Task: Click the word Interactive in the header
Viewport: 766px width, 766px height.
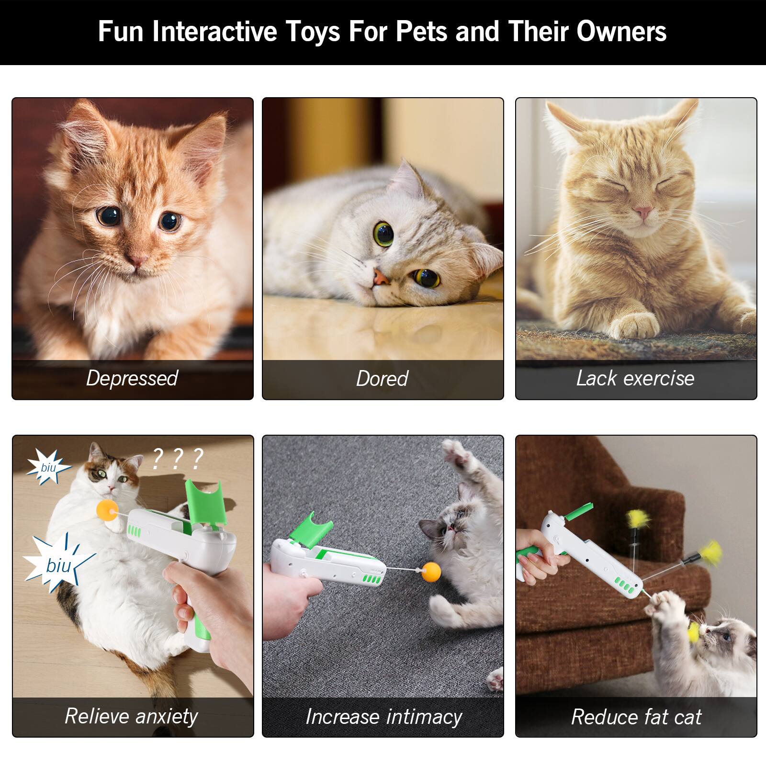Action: pyautogui.click(x=215, y=32)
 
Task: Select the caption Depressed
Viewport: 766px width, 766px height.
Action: pyautogui.click(x=132, y=378)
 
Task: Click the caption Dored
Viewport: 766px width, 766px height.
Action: pyautogui.click(x=382, y=379)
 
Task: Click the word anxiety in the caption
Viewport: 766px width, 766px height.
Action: pyautogui.click(x=167, y=717)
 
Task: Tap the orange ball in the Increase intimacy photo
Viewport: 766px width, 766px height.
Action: pyautogui.click(x=431, y=571)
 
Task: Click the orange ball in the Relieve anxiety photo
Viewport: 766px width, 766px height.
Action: pyautogui.click(x=106, y=510)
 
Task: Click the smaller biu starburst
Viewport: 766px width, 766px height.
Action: pyautogui.click(x=48, y=467)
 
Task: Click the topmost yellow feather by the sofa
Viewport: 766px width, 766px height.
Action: pyautogui.click(x=638, y=518)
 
